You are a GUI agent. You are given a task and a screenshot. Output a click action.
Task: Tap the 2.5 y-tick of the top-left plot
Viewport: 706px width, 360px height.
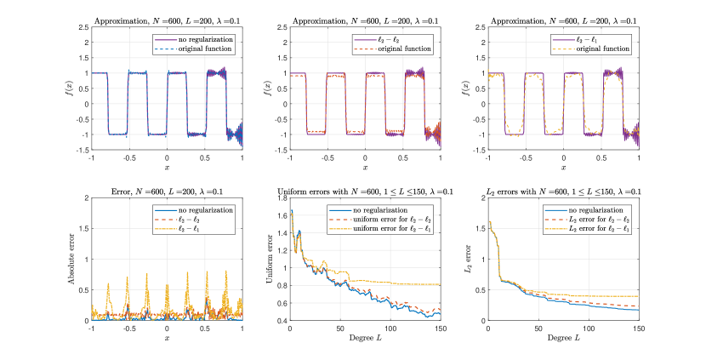click(83, 27)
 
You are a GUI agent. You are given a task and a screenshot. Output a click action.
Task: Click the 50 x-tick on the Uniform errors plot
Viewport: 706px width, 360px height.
click(341, 328)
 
